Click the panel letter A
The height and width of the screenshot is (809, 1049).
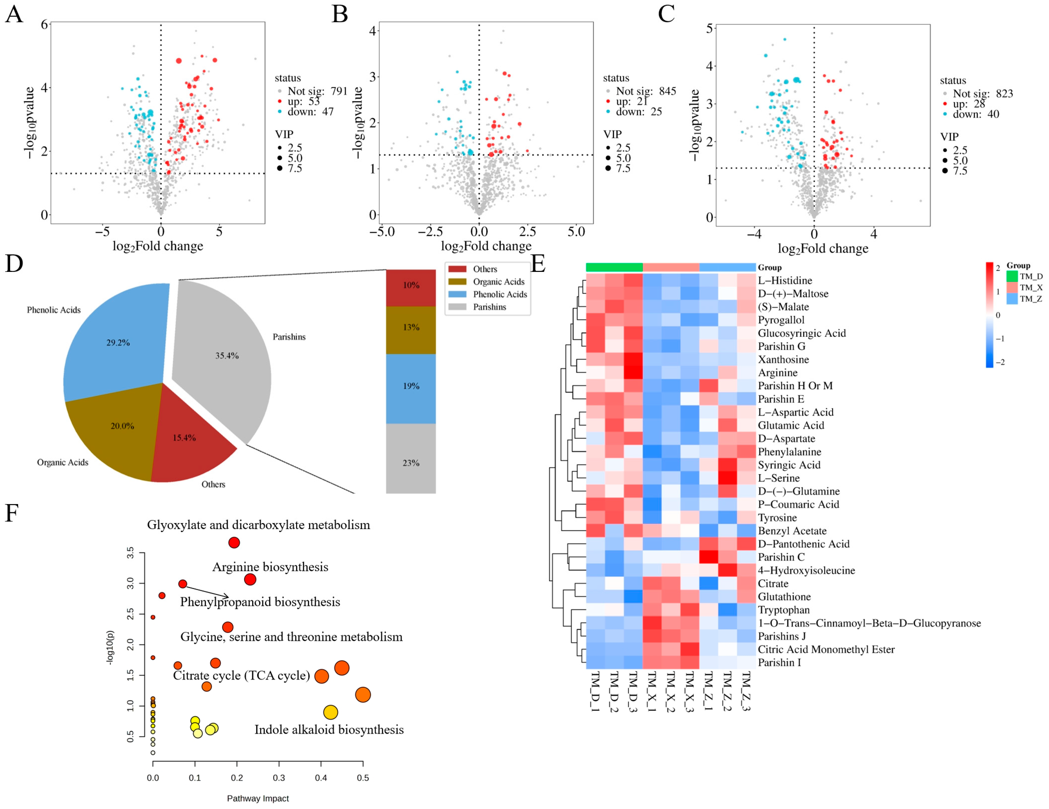click(x=14, y=14)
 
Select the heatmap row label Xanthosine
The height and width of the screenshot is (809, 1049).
click(x=783, y=359)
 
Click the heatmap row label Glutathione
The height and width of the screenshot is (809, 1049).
click(x=784, y=597)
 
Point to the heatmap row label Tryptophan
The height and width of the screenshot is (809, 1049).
click(x=783, y=610)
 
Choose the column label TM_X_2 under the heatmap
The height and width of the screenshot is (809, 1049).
click(x=671, y=692)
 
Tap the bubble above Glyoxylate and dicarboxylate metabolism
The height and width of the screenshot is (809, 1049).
click(x=234, y=543)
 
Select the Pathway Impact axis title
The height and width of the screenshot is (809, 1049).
click(x=258, y=799)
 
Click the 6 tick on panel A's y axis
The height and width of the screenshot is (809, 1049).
click(x=44, y=24)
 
